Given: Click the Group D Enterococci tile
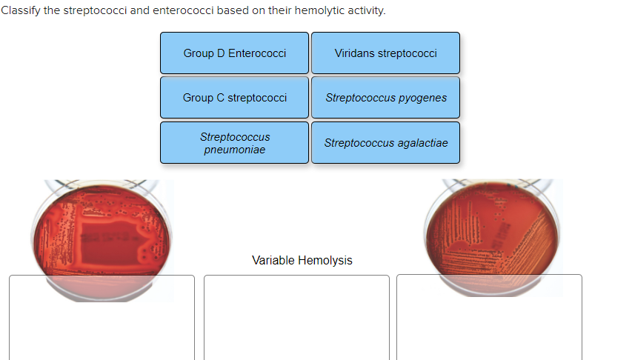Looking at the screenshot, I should tap(234, 53).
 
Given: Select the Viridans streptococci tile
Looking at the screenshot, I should tap(385, 53).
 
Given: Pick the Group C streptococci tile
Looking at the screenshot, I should tap(234, 98).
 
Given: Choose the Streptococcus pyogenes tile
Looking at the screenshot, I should tap(385, 98).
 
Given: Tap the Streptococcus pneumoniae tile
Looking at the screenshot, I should tap(234, 143).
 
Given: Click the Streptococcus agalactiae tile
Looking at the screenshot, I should tap(385, 143).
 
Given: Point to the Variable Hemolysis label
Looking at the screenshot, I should tap(302, 261).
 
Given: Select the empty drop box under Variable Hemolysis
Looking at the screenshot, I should tap(296, 319).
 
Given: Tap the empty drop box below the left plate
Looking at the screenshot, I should tap(102, 319).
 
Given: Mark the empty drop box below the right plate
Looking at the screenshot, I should tap(489, 319).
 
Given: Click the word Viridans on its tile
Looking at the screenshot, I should tap(353, 53).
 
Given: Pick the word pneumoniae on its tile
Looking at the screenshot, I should tap(234, 150).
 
